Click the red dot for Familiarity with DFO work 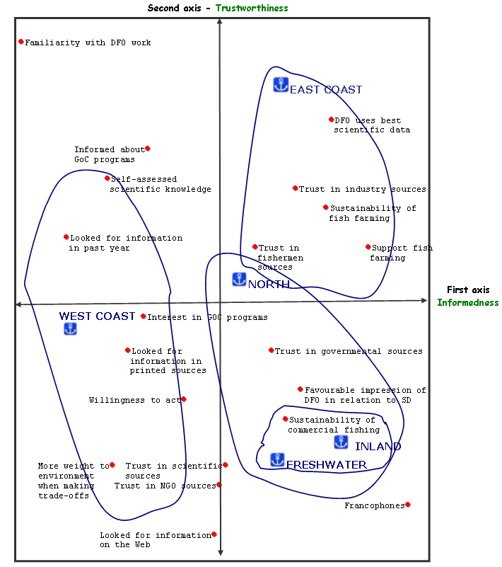pyautogui.click(x=21, y=42)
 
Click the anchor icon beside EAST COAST pyautogui.click(x=281, y=85)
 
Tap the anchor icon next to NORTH pyautogui.click(x=239, y=279)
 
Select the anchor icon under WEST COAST pyautogui.click(x=70, y=328)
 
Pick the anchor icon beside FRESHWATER pyautogui.click(x=278, y=459)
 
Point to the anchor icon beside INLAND pyautogui.click(x=341, y=442)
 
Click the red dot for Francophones pyautogui.click(x=408, y=505)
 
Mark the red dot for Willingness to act pyautogui.click(x=184, y=399)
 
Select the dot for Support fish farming pyautogui.click(x=368, y=247)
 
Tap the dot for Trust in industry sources pyautogui.click(x=296, y=188)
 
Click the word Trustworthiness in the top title pyautogui.click(x=252, y=8)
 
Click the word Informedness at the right pyautogui.click(x=467, y=302)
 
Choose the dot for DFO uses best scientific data pyautogui.click(x=331, y=120)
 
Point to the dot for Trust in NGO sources pyautogui.click(x=219, y=485)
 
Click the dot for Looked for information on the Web pyautogui.click(x=214, y=534)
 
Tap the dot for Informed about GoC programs pyautogui.click(x=148, y=149)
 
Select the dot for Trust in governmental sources pyautogui.click(x=272, y=350)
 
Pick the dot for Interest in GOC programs pyautogui.click(x=144, y=316)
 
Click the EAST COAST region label pyautogui.click(x=326, y=90)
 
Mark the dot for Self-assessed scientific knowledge pyautogui.click(x=107, y=178)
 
